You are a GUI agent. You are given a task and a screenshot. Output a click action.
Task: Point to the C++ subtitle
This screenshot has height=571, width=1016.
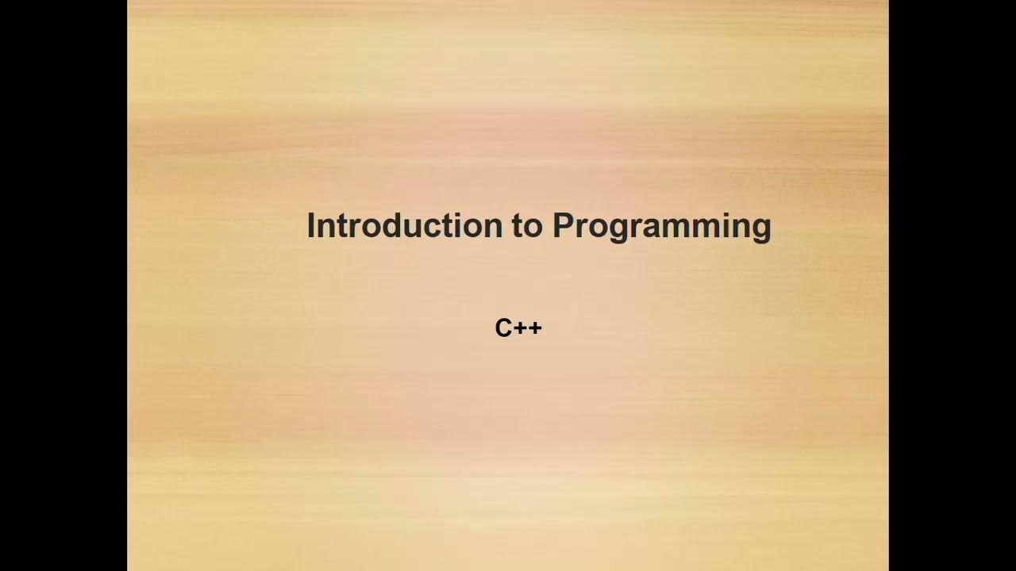coord(518,328)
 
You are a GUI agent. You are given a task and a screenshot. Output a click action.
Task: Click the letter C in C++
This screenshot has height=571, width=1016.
coord(503,328)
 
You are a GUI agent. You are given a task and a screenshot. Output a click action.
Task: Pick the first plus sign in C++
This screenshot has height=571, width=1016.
coord(520,328)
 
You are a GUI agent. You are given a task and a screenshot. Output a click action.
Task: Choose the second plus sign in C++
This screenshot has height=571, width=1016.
coord(535,328)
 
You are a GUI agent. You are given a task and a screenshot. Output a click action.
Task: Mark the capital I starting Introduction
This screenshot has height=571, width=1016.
coord(310,226)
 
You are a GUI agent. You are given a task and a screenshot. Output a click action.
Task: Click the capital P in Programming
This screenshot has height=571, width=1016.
coord(564,226)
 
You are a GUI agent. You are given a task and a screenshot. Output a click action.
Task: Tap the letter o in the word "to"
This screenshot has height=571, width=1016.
coord(534,228)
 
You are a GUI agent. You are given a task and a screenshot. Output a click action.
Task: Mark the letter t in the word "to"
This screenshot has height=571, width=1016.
coord(518,226)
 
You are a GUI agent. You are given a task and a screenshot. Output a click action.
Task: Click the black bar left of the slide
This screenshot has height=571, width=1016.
coord(63,285)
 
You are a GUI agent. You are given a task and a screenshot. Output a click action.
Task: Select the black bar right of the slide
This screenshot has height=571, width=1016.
coord(952,285)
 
